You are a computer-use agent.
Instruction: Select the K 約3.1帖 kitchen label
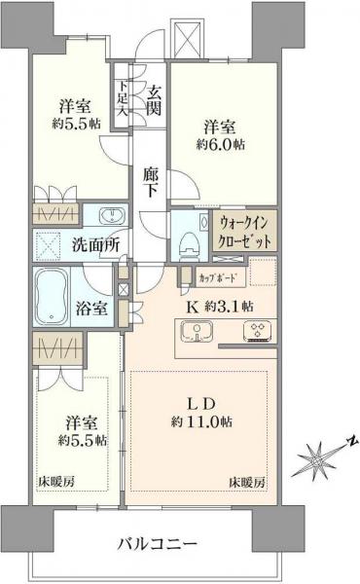(x=219, y=306)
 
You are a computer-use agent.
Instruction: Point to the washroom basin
(x=108, y=215)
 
